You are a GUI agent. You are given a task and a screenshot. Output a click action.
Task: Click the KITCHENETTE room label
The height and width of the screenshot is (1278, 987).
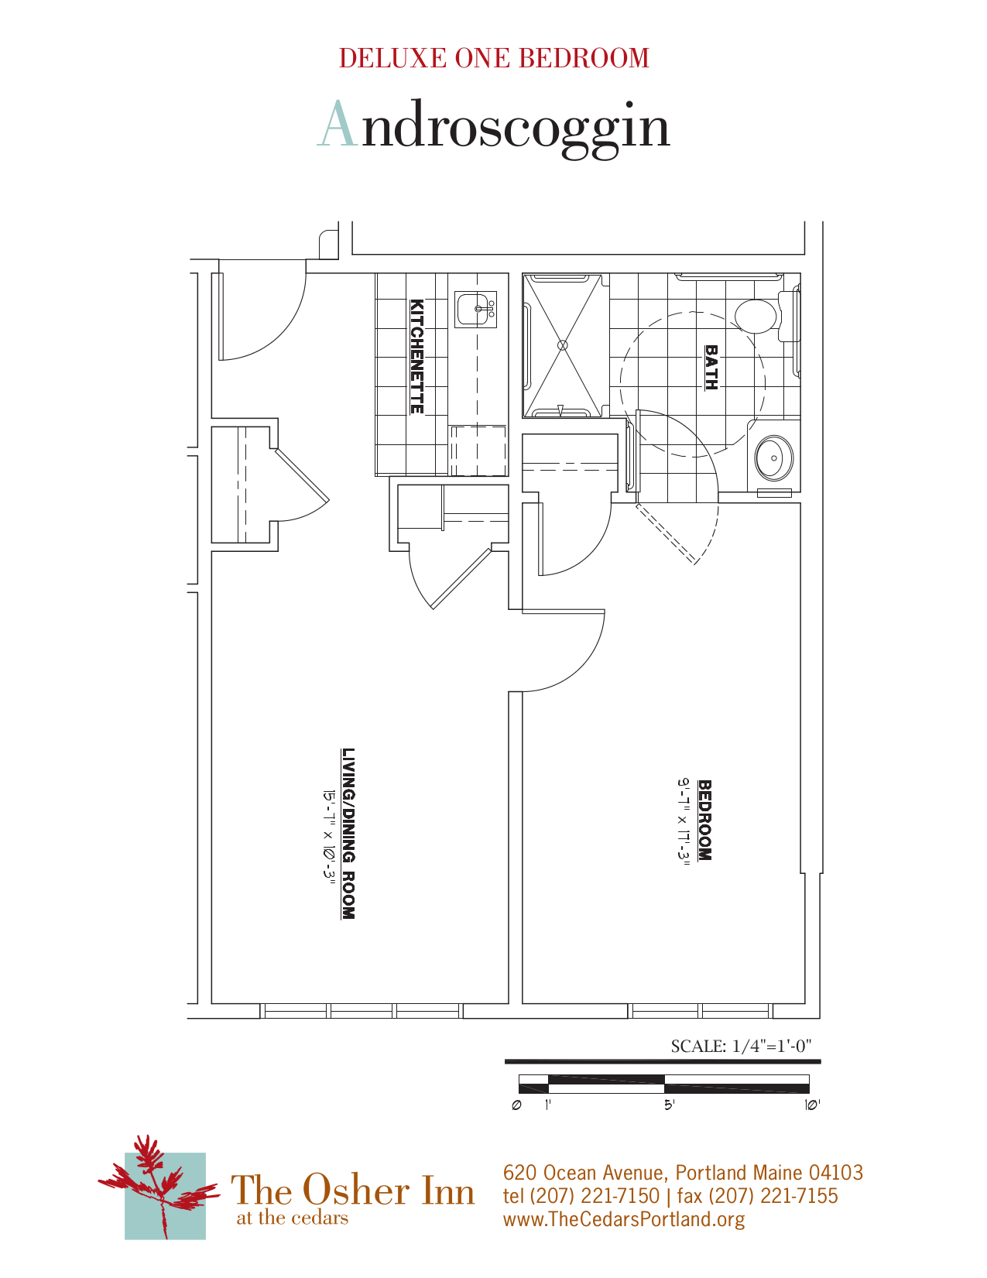pos(416,356)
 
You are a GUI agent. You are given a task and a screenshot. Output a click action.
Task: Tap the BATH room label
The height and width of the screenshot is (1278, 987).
pos(711,368)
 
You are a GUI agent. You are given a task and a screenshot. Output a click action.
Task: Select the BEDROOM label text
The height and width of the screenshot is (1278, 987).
pos(704,820)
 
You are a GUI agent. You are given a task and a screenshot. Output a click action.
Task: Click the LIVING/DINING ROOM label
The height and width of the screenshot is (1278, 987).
pos(349,834)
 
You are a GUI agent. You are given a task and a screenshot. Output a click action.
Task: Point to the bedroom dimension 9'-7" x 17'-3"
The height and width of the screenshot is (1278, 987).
pos(684,820)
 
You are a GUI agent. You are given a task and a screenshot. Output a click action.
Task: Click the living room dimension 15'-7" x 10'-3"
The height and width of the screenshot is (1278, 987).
pos(329,834)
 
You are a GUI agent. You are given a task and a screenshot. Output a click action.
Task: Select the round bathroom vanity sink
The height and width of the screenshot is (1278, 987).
pos(773,457)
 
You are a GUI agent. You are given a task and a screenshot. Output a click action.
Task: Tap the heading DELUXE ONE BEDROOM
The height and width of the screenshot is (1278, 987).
pos(494,59)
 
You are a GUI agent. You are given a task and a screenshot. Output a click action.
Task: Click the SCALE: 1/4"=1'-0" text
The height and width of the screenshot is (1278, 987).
pos(741,1047)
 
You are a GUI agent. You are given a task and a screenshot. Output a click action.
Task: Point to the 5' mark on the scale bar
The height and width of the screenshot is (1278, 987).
pos(669,1105)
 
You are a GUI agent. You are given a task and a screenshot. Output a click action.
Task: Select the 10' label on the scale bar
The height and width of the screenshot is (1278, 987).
pos(811,1105)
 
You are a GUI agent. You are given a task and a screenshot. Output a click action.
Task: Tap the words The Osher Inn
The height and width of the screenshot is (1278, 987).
pos(353,1190)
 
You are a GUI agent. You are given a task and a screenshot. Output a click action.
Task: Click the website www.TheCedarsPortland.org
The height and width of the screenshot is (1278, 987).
pos(624,1219)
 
